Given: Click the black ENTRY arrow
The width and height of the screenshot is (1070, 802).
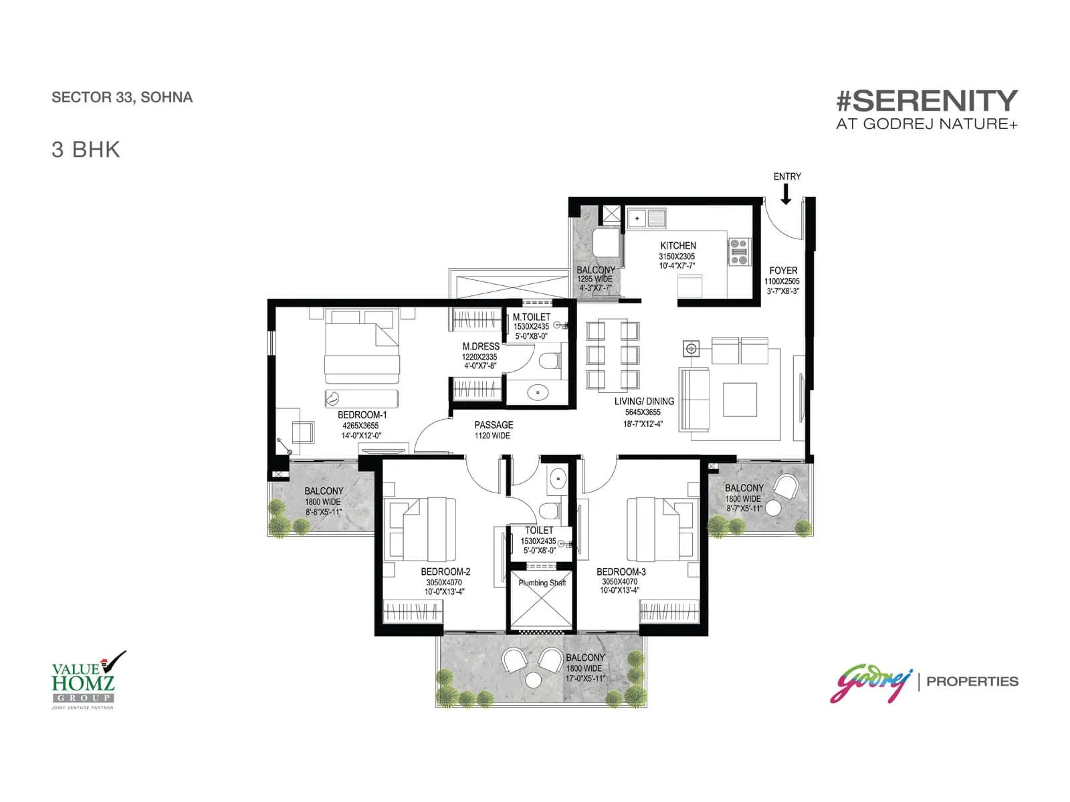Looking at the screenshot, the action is [x=785, y=194].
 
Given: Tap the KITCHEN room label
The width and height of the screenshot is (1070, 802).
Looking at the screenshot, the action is [x=677, y=245].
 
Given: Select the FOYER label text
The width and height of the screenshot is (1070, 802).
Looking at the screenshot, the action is [x=783, y=270].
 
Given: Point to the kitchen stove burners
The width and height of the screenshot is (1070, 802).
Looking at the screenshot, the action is [x=739, y=251].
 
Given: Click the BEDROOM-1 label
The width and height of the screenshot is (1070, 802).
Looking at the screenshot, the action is [x=362, y=415].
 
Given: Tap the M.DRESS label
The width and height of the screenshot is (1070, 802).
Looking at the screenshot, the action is [x=481, y=346].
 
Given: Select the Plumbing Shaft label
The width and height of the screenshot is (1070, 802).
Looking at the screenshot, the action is [x=542, y=582].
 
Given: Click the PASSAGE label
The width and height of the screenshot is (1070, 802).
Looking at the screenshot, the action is [x=494, y=425].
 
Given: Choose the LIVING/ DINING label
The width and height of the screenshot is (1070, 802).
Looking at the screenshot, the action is [x=644, y=401].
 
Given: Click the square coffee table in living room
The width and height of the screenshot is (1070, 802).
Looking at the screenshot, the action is [x=740, y=399].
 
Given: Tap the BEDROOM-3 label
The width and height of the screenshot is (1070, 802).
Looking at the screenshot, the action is [x=621, y=571].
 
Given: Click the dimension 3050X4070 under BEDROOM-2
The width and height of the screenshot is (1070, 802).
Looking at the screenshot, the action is [x=443, y=582].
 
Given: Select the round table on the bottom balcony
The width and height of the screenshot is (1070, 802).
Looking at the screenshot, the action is [x=533, y=680].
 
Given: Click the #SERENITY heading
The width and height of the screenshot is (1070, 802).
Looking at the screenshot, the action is [x=927, y=101].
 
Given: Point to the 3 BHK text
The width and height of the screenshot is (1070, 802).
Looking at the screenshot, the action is [x=86, y=150].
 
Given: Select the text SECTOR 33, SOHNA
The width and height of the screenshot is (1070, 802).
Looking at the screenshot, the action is [x=122, y=98].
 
